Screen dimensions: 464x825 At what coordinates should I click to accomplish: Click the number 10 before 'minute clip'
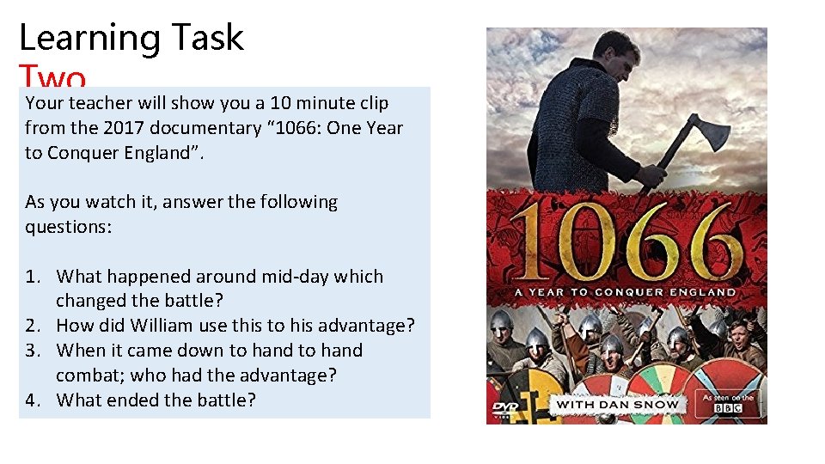(280, 103)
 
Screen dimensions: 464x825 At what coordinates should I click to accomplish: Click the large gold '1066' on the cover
(626, 241)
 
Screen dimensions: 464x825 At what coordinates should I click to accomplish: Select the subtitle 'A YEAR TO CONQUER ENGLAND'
(626, 292)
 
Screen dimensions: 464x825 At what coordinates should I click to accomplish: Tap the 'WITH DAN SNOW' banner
(617, 404)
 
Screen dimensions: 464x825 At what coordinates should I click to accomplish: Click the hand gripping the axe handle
(653, 175)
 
